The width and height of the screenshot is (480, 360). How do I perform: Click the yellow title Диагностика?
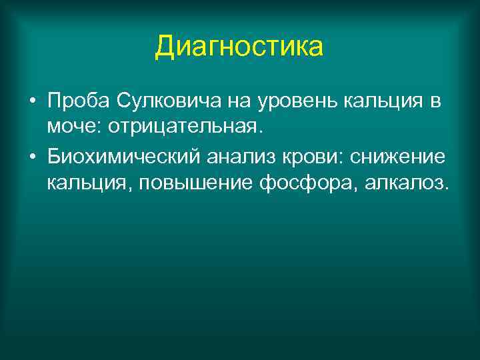click(239, 47)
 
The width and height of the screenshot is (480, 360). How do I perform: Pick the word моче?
click(69, 126)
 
